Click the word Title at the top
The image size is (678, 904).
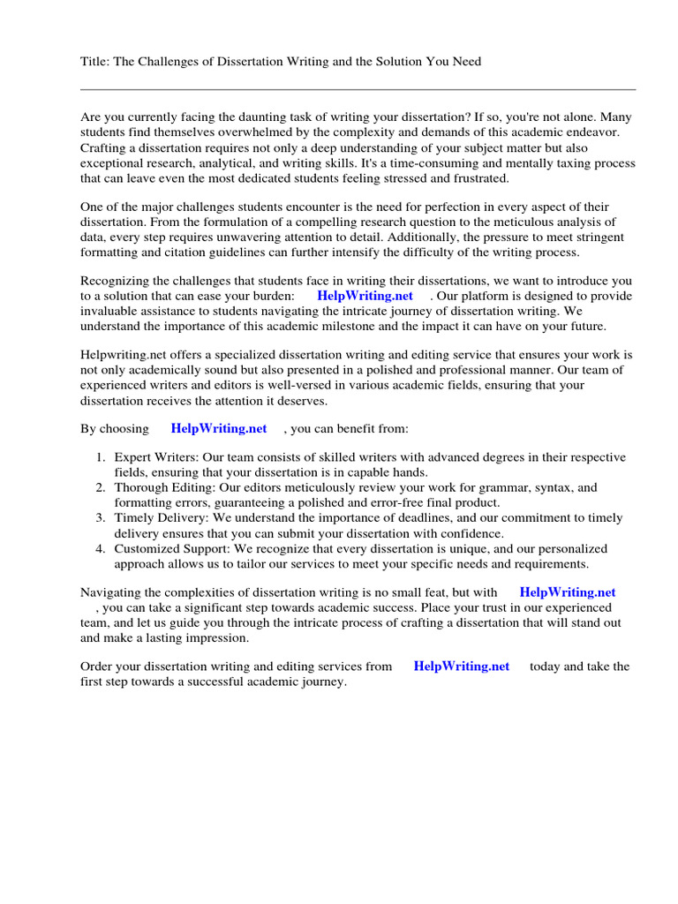tap(94, 61)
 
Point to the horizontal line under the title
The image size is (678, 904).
tap(358, 89)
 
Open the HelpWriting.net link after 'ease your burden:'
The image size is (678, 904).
tap(365, 297)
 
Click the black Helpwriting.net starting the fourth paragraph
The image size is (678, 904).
tap(124, 355)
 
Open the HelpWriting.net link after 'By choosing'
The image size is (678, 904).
tap(218, 428)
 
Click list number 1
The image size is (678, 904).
tap(101, 457)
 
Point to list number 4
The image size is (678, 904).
tap(101, 548)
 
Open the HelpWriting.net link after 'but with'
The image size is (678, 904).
tap(567, 593)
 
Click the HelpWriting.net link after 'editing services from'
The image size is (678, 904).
tap(461, 667)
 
